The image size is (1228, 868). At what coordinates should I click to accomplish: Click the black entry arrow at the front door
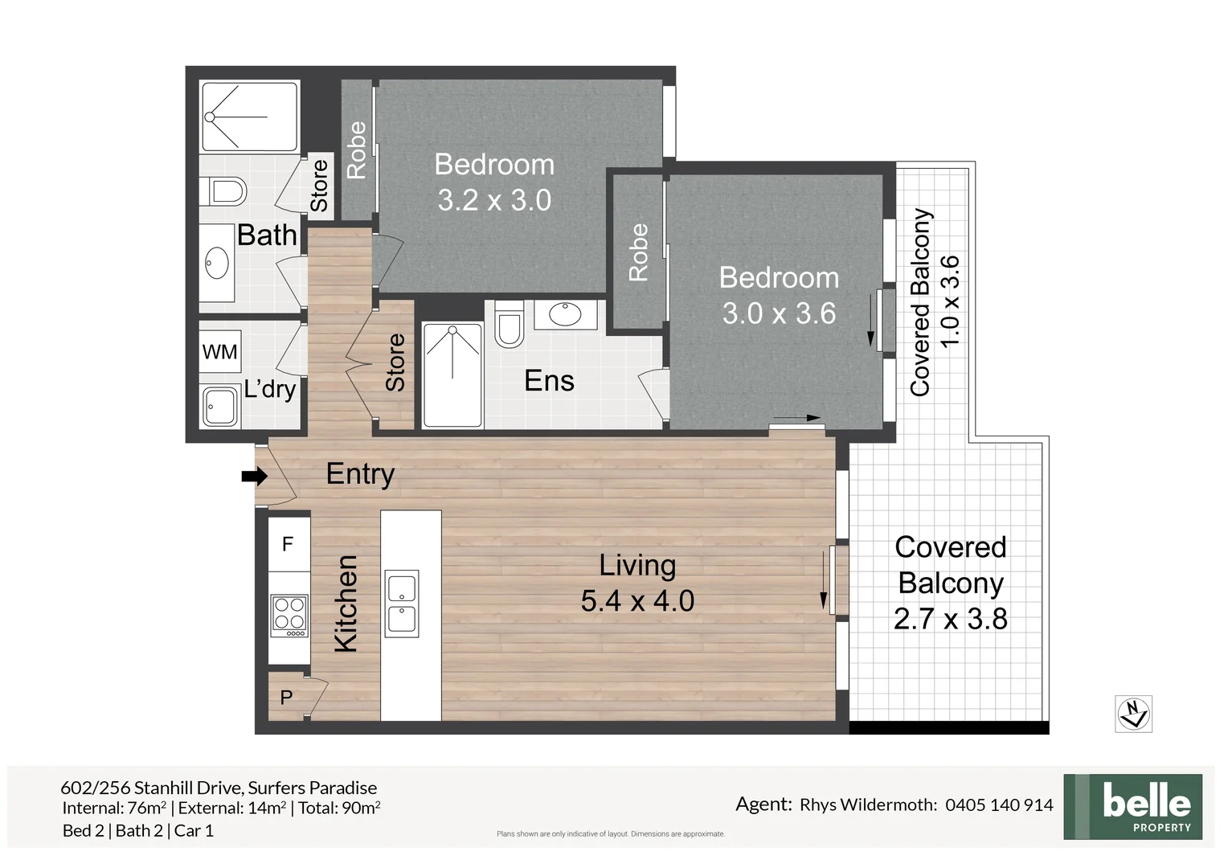[x=254, y=477]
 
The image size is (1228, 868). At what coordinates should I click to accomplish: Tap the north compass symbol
[x=1133, y=714]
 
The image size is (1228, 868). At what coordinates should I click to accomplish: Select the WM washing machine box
[x=219, y=352]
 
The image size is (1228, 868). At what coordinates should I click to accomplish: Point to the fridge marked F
[x=288, y=544]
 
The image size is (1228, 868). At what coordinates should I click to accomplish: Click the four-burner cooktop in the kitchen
[x=289, y=616]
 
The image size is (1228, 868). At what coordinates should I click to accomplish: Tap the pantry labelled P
[x=287, y=698]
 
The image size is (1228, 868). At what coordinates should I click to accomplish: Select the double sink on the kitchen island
[x=401, y=604]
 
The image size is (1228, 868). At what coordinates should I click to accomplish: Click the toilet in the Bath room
[x=226, y=192]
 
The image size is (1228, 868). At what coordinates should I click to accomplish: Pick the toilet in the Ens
[x=509, y=325]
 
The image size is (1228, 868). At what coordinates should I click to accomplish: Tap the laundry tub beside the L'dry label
[x=220, y=407]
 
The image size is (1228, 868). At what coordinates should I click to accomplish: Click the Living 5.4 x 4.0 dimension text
[x=637, y=601]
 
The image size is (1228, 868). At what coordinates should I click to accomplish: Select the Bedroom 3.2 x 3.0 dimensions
[x=494, y=200]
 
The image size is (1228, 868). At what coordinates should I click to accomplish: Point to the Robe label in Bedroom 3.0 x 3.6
[x=638, y=252]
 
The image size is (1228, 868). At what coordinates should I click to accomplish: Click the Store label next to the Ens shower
[x=395, y=362]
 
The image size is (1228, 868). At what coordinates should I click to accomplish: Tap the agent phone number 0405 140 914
[x=999, y=805]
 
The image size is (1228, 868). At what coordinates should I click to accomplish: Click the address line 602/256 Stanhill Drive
[x=219, y=788]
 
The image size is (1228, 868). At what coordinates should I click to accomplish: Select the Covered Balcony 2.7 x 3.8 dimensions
[x=950, y=619]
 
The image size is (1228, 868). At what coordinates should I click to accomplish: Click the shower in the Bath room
[x=249, y=117]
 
